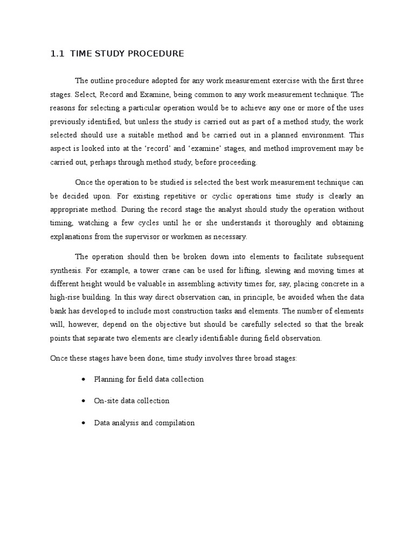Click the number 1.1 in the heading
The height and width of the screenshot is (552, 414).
pos(57,54)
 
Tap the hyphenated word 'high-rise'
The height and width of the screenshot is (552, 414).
pos(66,296)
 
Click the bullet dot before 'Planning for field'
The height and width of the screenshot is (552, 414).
pos(83,379)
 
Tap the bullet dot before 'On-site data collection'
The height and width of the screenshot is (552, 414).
pos(83,401)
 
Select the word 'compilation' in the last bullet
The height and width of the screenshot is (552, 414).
pos(175,423)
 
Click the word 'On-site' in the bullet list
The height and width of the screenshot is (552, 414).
pos(107,401)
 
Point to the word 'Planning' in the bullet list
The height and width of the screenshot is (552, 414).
pos(109,379)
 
